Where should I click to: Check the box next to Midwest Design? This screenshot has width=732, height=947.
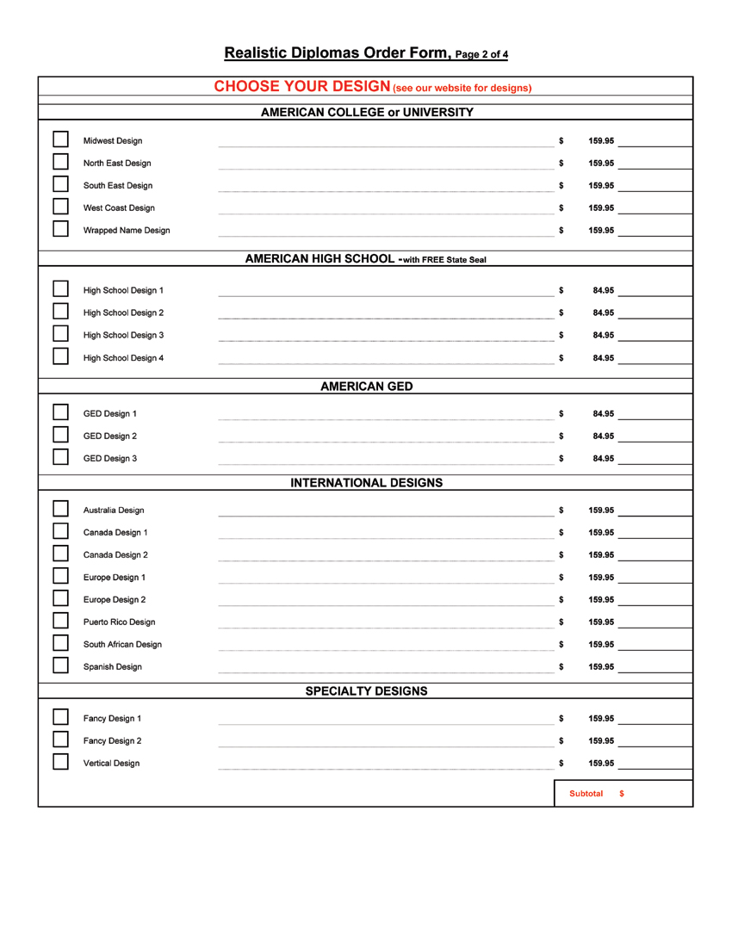pos(60,139)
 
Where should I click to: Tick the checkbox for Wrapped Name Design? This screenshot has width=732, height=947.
pos(60,229)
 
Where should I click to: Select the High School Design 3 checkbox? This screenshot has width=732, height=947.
pos(60,334)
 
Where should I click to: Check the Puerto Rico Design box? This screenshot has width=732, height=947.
pos(60,621)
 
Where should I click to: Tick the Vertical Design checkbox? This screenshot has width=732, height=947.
pos(60,762)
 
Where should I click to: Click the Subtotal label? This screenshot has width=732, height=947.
pos(586,792)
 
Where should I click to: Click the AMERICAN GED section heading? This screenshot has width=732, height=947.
pos(366,386)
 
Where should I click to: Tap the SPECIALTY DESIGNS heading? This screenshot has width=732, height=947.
pos(366,690)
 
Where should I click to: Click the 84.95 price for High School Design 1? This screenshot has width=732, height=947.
pos(603,290)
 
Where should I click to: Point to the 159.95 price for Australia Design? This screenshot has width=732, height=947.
pos(601,510)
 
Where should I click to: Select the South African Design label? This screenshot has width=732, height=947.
pos(121,644)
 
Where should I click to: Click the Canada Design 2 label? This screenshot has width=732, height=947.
pos(115,554)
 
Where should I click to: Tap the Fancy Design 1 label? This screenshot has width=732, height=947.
pos(112,718)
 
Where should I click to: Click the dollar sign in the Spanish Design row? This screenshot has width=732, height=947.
pos(561,666)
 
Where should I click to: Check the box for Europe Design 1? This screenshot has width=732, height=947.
pos(60,576)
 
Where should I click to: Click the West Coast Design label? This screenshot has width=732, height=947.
pos(119,207)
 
